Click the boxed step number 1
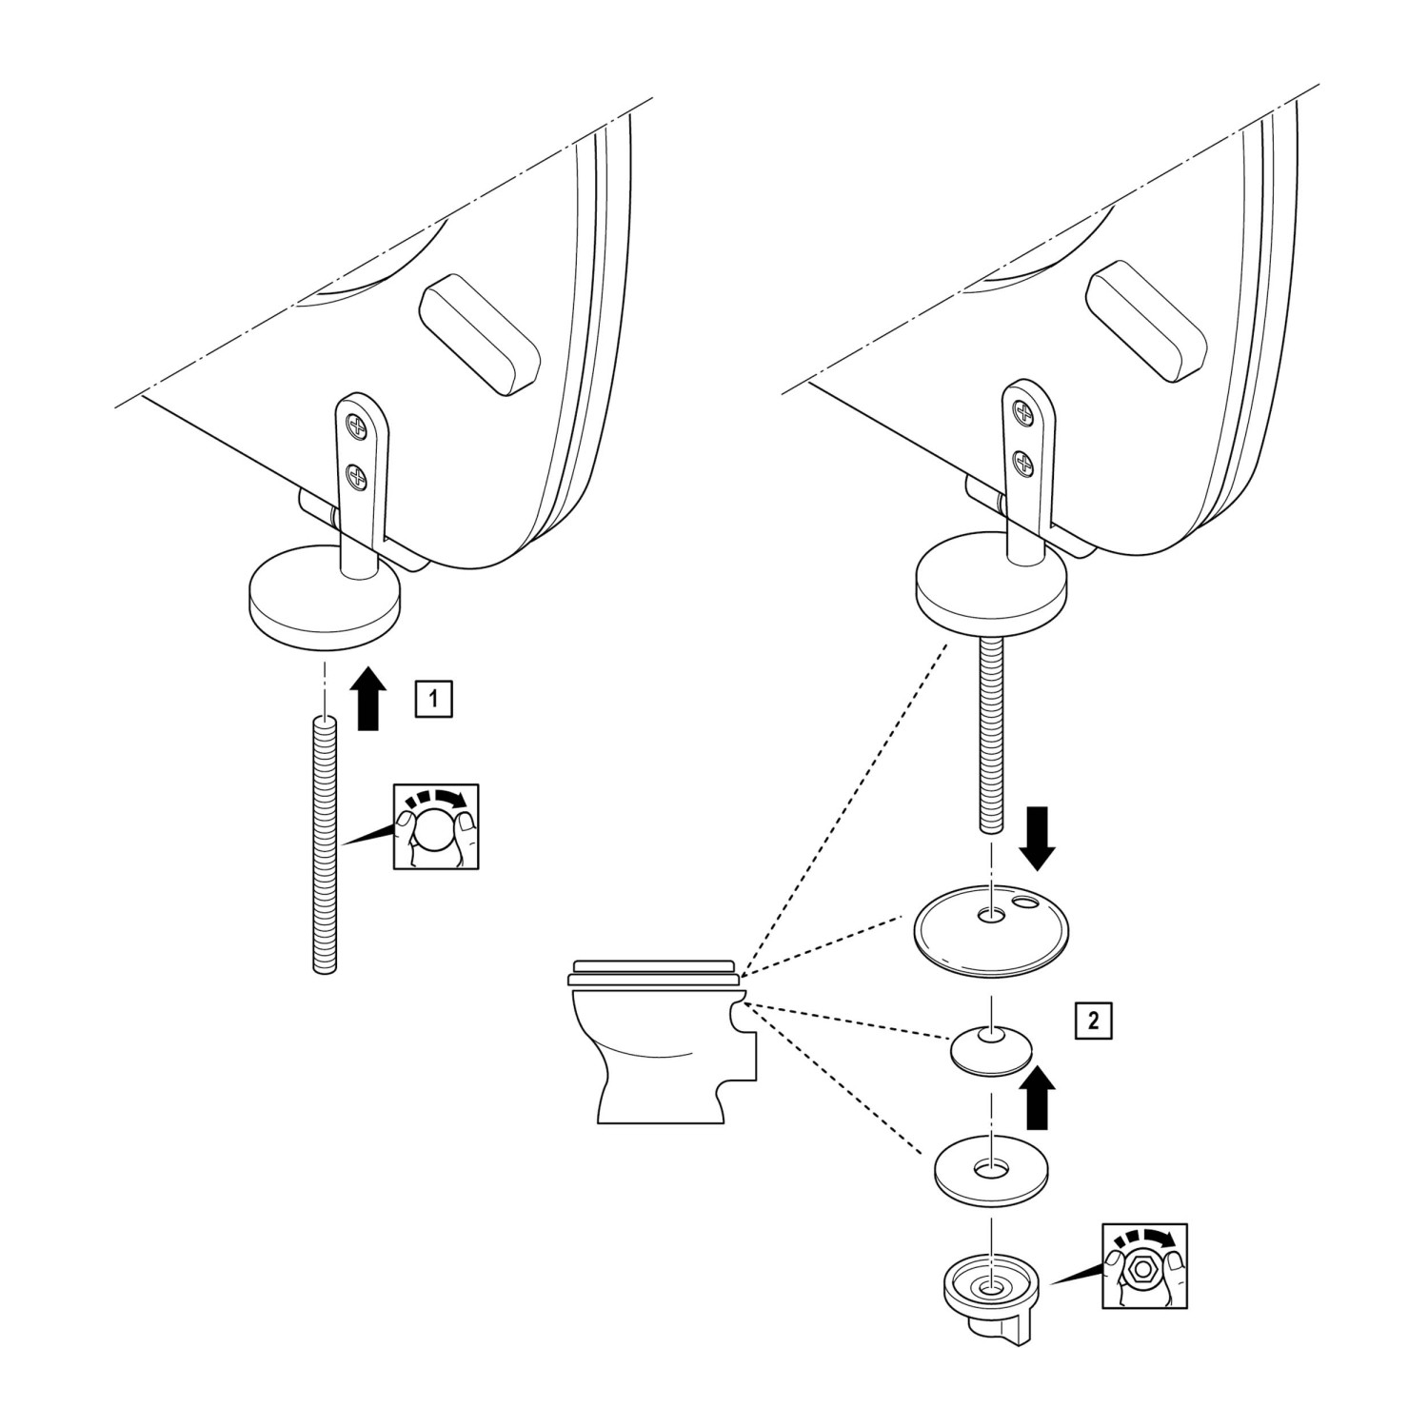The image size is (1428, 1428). pyautogui.click(x=433, y=698)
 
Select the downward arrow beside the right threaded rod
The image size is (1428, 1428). pyautogui.click(x=1037, y=836)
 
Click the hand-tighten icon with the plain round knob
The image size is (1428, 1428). pyautogui.click(x=436, y=825)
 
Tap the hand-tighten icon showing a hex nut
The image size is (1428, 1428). pyautogui.click(x=1143, y=1265)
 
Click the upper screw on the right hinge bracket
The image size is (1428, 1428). pyautogui.click(x=1023, y=414)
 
